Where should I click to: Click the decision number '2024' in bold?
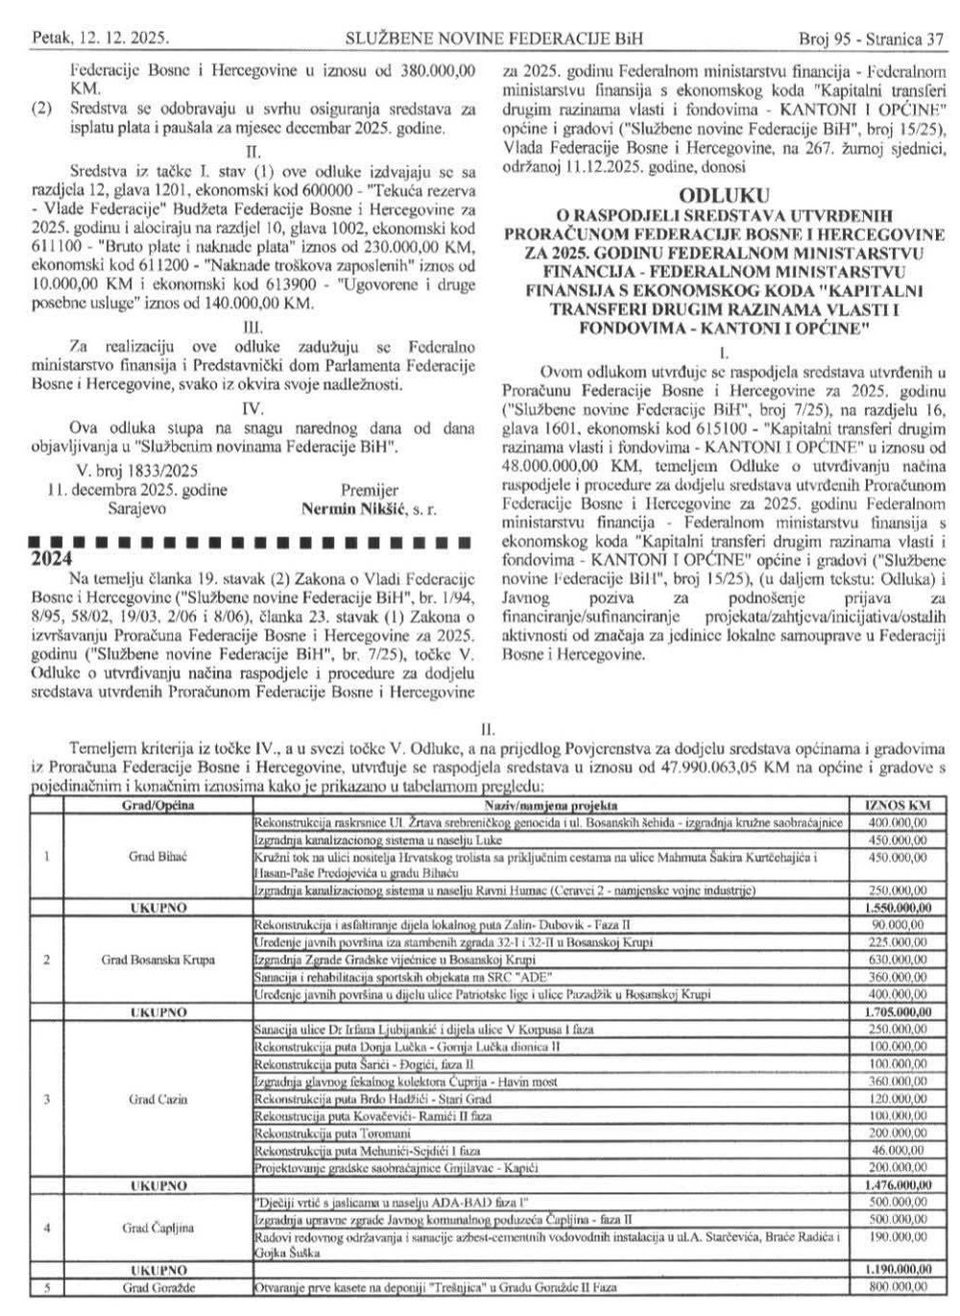coord(48,558)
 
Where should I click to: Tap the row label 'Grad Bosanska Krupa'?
coord(157,960)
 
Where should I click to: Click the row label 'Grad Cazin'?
coord(157,1099)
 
